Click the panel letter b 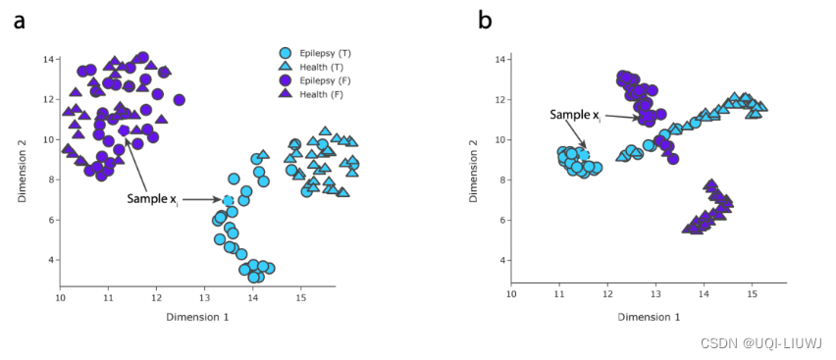click(485, 20)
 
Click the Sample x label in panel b click(575, 115)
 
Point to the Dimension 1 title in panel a click(198, 317)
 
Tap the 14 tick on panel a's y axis click(46, 60)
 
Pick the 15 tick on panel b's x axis click(752, 292)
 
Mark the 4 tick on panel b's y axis click(499, 261)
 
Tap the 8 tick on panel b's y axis click(499, 180)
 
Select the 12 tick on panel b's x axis click(607, 292)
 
